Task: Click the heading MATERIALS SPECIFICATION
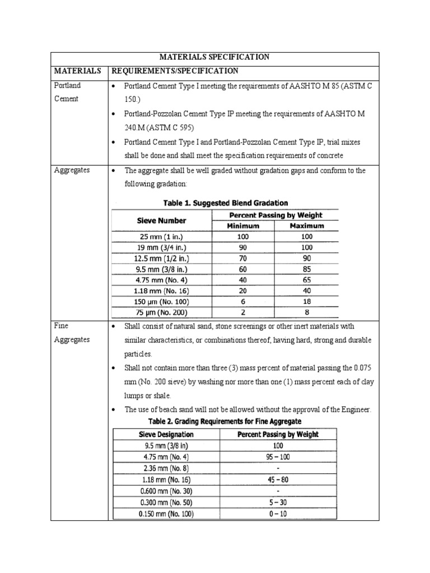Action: [215, 57]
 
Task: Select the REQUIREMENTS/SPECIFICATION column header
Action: [175, 71]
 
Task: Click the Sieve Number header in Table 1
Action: [162, 220]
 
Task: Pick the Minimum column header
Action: [242, 226]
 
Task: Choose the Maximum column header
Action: [306, 226]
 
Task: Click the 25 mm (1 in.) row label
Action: [162, 237]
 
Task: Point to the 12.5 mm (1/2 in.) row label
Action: [162, 259]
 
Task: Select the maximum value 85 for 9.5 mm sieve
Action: [306, 270]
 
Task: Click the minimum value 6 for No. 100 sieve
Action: [242, 302]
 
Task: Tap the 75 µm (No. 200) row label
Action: [162, 313]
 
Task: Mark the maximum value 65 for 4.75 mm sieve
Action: [306, 280]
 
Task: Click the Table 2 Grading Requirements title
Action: [222, 421]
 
